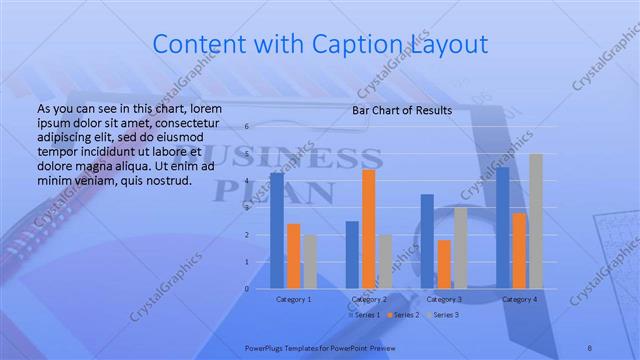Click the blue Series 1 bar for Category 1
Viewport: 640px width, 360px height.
pyautogui.click(x=277, y=231)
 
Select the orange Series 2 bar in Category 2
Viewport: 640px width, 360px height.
pyautogui.click(x=369, y=229)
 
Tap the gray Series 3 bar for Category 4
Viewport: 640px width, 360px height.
pyautogui.click(x=536, y=221)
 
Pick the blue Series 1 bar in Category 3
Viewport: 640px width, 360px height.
pyautogui.click(x=427, y=241)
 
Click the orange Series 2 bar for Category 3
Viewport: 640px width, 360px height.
pyautogui.click(x=444, y=264)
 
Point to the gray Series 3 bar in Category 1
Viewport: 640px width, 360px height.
pyautogui.click(x=310, y=261)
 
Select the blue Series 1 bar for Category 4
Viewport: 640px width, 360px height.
pyautogui.click(x=503, y=227)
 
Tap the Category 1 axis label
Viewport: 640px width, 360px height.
pyautogui.click(x=293, y=299)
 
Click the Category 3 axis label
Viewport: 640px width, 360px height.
pyautogui.click(x=444, y=299)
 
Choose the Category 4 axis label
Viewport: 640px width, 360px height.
pyautogui.click(x=519, y=299)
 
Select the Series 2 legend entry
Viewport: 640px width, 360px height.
pyautogui.click(x=404, y=315)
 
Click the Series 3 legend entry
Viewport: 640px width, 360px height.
pyautogui.click(x=444, y=315)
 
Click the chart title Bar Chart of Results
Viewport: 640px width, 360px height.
pyautogui.click(x=402, y=110)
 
